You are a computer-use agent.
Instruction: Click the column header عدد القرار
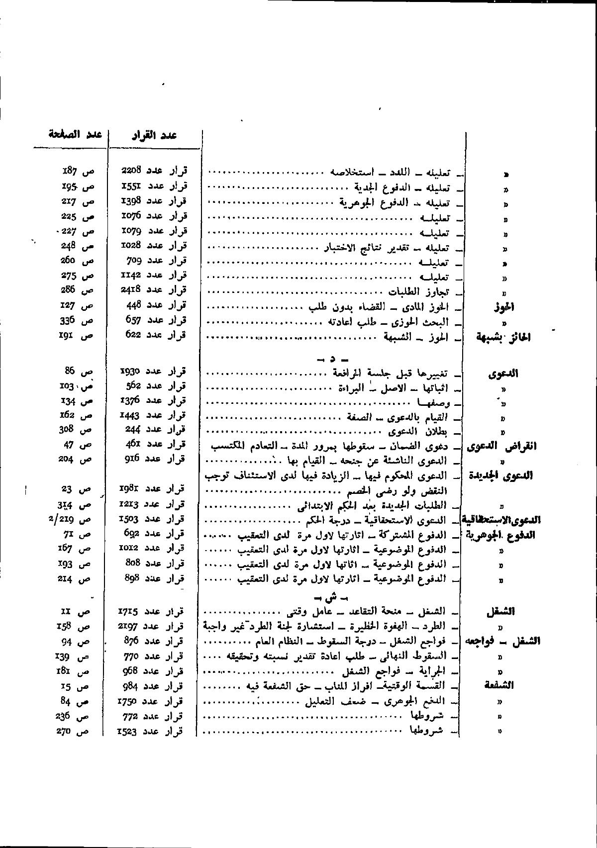click(154, 136)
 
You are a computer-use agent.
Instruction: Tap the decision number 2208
click(131, 171)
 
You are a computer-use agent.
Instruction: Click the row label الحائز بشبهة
click(503, 338)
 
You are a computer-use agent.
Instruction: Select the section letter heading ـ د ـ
click(331, 358)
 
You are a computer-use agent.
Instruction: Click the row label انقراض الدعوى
click(502, 446)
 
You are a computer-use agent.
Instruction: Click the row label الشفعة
click(498, 685)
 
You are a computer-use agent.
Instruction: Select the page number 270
click(65, 731)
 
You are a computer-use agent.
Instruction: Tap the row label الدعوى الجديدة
click(500, 475)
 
